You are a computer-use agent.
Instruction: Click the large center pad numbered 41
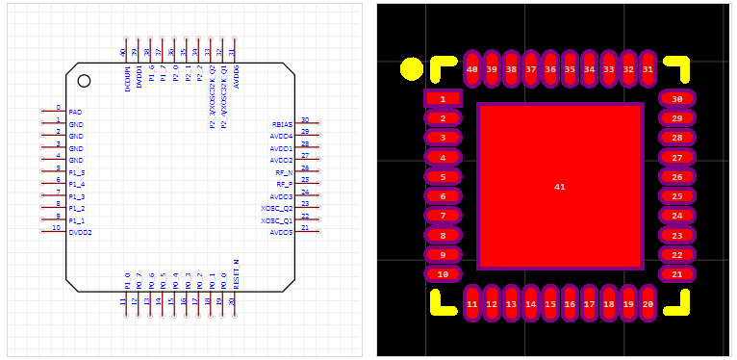[x=559, y=186]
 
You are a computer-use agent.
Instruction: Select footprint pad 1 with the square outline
[x=443, y=98]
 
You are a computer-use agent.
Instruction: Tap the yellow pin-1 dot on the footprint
[x=411, y=68]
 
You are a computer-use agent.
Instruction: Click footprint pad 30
[x=677, y=98]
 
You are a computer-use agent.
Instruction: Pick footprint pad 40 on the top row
[x=471, y=69]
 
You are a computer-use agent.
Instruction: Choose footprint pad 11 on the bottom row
[x=471, y=303]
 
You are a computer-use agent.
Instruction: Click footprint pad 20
[x=648, y=303]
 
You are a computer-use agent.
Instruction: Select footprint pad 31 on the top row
[x=648, y=69]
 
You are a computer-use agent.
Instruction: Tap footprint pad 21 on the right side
[x=677, y=274]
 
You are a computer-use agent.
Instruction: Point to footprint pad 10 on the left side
[x=443, y=274]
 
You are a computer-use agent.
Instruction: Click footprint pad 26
[x=677, y=177]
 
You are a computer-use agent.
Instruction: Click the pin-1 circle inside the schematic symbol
[x=84, y=81]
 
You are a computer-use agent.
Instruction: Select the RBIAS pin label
[x=282, y=124]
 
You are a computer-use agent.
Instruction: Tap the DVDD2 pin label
[x=80, y=233]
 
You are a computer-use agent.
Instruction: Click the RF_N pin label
[x=284, y=172]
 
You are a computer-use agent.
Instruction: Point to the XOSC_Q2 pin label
[x=277, y=208]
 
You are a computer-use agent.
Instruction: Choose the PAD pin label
[x=75, y=113]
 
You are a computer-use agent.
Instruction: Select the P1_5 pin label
[x=76, y=172]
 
